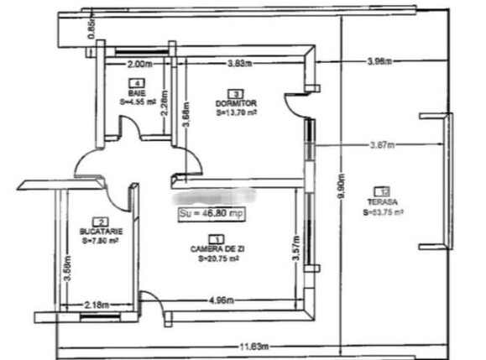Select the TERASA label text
tap(382, 202)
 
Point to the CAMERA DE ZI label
tap(217, 250)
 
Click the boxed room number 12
tap(383, 190)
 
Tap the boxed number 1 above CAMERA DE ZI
tap(217, 239)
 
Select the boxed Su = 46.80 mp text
tap(212, 214)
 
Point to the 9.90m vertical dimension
tap(342, 178)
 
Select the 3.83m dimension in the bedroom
tap(241, 64)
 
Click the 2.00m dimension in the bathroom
tap(138, 64)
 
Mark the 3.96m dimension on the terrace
tap(382, 61)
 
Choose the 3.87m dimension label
tap(383, 144)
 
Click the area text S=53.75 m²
tap(384, 213)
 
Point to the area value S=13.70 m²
tap(236, 112)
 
